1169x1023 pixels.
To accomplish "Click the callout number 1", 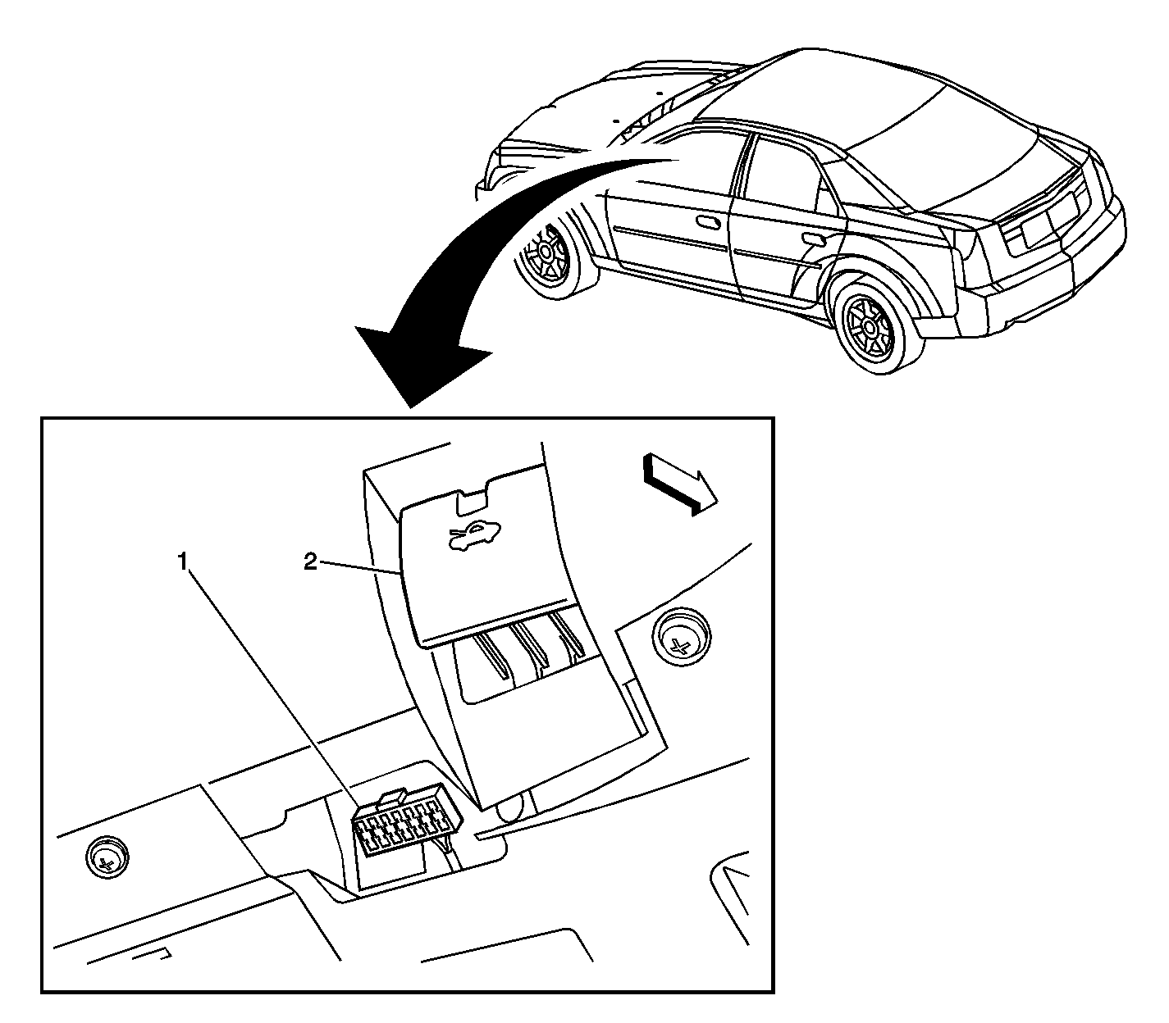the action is (x=182, y=562).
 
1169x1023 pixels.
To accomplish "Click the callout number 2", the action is (x=309, y=562).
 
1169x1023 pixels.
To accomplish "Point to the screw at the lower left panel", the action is (x=107, y=857).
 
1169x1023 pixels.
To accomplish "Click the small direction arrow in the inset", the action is (x=679, y=486).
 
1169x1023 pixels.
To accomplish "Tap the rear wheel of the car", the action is (x=870, y=325).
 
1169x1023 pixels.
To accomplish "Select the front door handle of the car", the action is (x=708, y=221).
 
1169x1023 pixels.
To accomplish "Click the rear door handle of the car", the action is (x=814, y=238).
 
